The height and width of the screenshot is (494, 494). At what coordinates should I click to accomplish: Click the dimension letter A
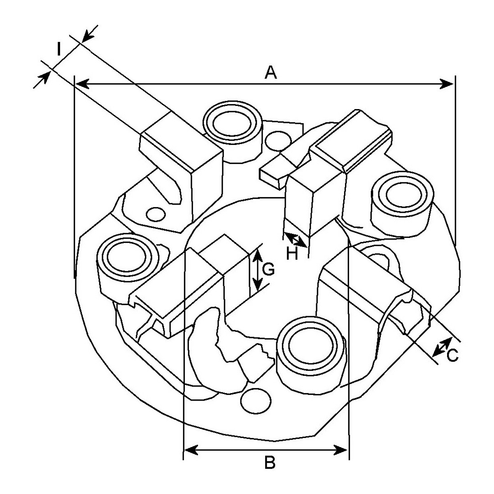(271, 72)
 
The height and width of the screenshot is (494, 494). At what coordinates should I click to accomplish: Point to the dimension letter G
(268, 269)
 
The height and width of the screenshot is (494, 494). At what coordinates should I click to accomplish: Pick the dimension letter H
(292, 254)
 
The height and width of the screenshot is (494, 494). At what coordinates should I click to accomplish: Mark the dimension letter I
(59, 49)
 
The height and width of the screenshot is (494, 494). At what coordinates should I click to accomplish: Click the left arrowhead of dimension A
(82, 84)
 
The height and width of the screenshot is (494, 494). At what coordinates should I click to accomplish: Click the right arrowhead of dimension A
(447, 84)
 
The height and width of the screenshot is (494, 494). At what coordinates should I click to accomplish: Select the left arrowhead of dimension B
(191, 450)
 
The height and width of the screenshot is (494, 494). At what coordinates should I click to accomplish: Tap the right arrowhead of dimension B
(341, 450)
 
